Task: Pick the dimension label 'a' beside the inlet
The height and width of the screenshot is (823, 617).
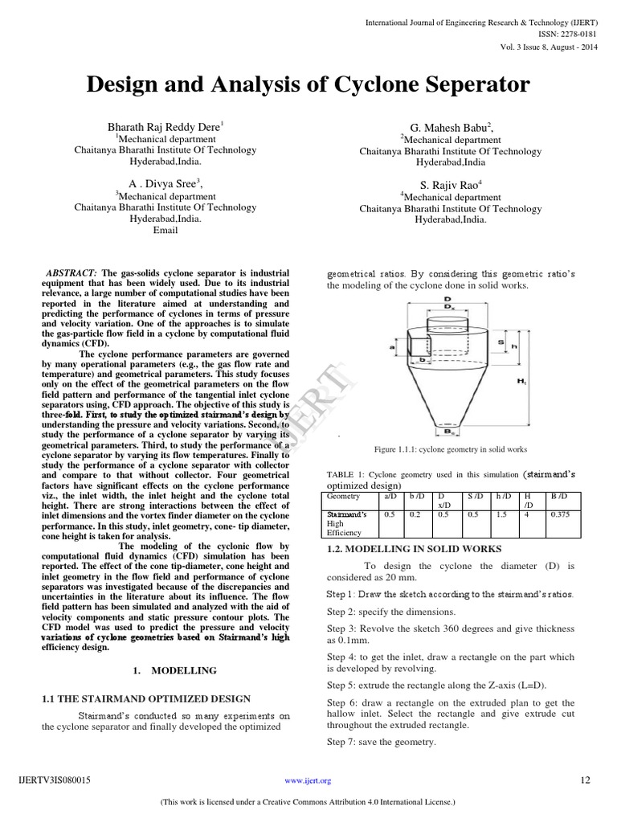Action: (393, 346)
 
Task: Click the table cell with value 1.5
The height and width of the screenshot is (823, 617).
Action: (501, 514)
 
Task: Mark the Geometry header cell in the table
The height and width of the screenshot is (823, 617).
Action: (345, 497)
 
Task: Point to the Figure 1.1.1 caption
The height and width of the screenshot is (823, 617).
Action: (450, 449)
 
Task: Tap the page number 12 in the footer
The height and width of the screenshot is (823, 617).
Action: (584, 780)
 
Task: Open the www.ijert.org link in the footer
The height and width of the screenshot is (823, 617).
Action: (308, 780)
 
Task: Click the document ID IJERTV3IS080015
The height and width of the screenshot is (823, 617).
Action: (54, 780)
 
